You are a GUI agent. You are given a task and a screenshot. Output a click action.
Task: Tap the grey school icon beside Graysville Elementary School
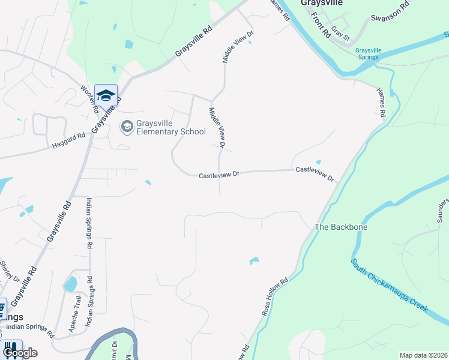(x=127, y=127)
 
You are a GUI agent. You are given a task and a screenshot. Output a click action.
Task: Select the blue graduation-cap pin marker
(x=106, y=97)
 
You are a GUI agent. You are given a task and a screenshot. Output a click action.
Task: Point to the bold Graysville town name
(x=321, y=3)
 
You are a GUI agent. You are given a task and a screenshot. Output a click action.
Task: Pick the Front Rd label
(x=323, y=26)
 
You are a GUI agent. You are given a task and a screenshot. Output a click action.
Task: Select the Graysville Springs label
(x=367, y=54)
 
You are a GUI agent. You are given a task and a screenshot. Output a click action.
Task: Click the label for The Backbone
(x=341, y=227)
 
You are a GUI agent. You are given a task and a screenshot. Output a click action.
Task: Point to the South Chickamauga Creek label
(x=390, y=286)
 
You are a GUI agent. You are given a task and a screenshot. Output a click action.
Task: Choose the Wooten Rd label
(x=90, y=99)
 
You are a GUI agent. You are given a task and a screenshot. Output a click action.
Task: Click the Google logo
(x=19, y=353)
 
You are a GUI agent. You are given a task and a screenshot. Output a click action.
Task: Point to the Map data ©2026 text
(x=423, y=355)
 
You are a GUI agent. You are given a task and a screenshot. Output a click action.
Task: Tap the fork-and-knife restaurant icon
(x=10, y=348)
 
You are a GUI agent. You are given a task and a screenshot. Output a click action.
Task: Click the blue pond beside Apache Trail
(x=70, y=283)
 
